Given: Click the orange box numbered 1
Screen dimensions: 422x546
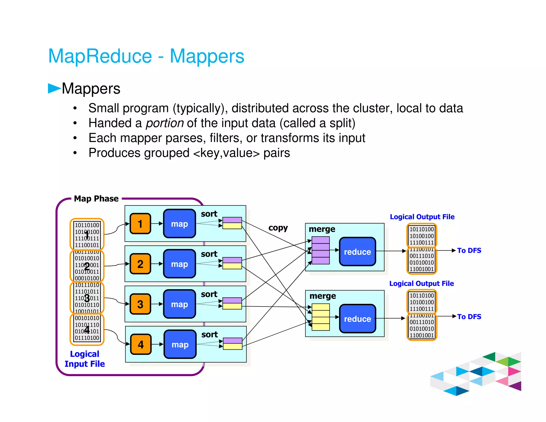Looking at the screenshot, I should coord(140,224).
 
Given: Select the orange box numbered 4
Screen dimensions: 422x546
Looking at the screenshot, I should coord(141,344).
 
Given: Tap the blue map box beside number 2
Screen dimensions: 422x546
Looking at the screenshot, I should coord(179,264).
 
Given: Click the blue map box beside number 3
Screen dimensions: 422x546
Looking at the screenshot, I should coord(179,304).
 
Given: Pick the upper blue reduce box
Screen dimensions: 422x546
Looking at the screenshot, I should coord(357,252).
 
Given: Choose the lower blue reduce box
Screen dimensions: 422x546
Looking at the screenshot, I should coord(357,319).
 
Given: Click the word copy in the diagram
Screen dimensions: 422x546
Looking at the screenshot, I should coord(278,228).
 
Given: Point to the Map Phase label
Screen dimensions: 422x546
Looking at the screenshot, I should coord(96,199).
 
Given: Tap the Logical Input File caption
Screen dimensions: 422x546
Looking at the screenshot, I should coord(85,359).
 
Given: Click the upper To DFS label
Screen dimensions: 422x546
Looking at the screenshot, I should coord(469,250).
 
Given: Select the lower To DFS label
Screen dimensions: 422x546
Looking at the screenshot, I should coord(469,317).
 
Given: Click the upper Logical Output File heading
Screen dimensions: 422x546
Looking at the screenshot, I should coord(422,217).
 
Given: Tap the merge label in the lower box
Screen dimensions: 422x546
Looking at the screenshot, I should coord(323,296).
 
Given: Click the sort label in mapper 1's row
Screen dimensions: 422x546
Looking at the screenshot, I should coord(209,214).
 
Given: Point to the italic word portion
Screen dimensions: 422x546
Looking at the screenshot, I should coord(164,123).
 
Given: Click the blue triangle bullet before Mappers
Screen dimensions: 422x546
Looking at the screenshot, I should coord(54,88).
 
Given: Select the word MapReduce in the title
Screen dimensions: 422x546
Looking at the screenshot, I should coord(100,56).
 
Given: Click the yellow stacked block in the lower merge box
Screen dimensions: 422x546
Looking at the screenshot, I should coord(320,317).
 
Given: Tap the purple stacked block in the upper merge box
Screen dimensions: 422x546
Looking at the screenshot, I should coord(320,250).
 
